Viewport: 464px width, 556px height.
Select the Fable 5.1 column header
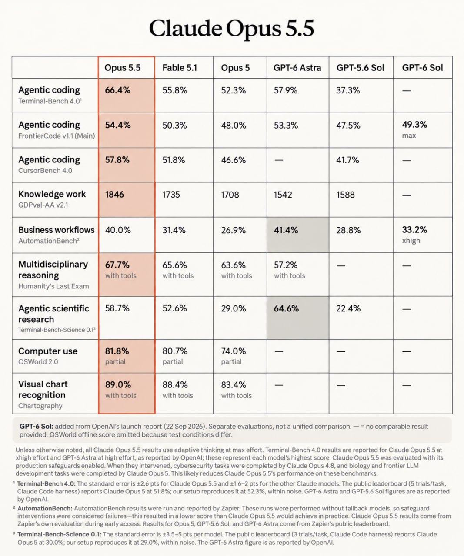click(x=180, y=68)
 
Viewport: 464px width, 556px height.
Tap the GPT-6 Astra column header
click(x=297, y=68)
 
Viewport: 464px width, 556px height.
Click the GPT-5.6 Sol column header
click(x=360, y=68)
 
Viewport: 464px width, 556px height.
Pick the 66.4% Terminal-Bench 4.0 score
click(x=117, y=90)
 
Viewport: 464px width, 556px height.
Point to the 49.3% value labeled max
click(x=414, y=125)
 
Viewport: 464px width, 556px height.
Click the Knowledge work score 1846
click(x=114, y=195)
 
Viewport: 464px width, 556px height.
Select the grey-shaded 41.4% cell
click(x=297, y=235)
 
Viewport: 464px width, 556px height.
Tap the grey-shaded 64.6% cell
click(x=297, y=318)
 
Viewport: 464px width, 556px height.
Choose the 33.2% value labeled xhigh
click(x=414, y=229)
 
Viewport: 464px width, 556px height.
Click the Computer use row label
click(x=48, y=351)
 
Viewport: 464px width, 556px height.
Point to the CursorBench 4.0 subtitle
click(x=45, y=170)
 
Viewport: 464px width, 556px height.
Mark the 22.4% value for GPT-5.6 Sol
click(x=348, y=308)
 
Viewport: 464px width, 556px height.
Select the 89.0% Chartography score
click(x=118, y=385)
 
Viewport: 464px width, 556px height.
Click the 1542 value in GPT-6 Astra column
click(x=283, y=195)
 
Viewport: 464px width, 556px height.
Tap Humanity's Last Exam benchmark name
click(x=53, y=286)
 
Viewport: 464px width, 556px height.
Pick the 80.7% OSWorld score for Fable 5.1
click(x=175, y=351)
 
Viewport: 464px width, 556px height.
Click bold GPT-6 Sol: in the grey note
click(x=36, y=426)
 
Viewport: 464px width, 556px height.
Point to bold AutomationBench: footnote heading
click(x=45, y=508)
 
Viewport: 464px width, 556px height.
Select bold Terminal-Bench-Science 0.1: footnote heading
click(x=59, y=534)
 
